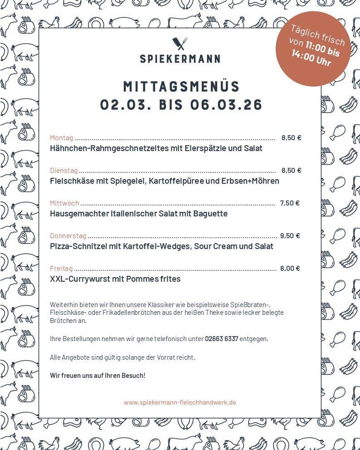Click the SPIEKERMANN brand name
tap(180, 59)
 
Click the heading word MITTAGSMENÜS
tap(181, 86)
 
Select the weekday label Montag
tap(62, 138)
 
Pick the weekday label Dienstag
tap(64, 171)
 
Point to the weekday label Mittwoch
tap(64, 203)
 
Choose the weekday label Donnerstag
tap(68, 236)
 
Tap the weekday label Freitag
tap(61, 269)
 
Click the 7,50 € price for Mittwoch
tap(290, 203)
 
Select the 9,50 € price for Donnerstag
tap(290, 236)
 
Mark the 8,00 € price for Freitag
tap(290, 269)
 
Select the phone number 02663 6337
tap(222, 339)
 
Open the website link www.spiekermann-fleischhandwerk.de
tap(180, 402)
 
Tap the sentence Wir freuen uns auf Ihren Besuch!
tap(97, 376)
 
